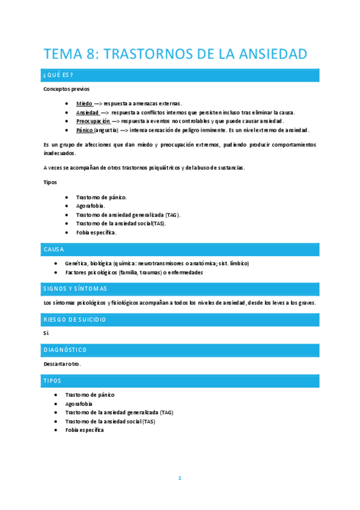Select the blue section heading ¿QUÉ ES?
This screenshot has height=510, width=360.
(x=58, y=75)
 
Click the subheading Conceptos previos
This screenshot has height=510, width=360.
(x=66, y=88)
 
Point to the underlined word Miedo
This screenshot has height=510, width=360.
(x=84, y=103)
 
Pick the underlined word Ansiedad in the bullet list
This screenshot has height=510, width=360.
(x=88, y=112)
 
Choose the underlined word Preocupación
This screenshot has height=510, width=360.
(x=93, y=121)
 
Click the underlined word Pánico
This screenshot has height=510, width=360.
(x=85, y=130)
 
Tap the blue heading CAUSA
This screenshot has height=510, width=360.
(x=54, y=249)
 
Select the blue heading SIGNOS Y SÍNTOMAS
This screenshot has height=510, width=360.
(x=75, y=289)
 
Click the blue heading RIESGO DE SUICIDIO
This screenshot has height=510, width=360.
(x=75, y=319)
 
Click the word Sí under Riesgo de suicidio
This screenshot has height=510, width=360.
(x=47, y=333)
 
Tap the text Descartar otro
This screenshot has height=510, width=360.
(x=62, y=364)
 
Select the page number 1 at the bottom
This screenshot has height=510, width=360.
(x=179, y=478)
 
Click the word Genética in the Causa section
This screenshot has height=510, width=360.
(x=76, y=263)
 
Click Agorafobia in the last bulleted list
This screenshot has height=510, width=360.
(x=81, y=404)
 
